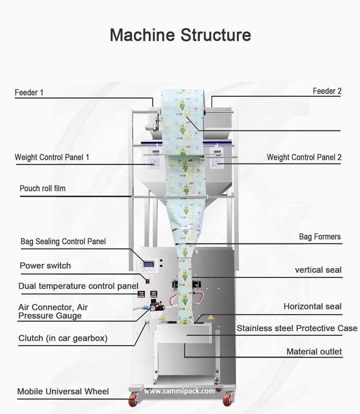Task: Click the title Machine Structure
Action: tap(180, 35)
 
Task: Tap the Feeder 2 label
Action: tap(327, 91)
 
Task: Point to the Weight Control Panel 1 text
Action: tap(52, 157)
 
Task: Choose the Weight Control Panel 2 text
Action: tap(304, 157)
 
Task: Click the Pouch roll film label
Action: tap(42, 189)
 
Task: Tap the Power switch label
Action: tap(45, 265)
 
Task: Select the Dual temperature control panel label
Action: tap(78, 286)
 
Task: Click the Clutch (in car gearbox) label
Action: tap(63, 339)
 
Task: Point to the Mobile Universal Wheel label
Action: tap(63, 391)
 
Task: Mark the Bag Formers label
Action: tap(320, 237)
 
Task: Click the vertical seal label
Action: tap(318, 270)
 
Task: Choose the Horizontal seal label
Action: tap(312, 306)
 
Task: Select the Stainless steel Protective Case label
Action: tap(297, 328)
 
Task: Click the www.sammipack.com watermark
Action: tap(179, 391)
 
